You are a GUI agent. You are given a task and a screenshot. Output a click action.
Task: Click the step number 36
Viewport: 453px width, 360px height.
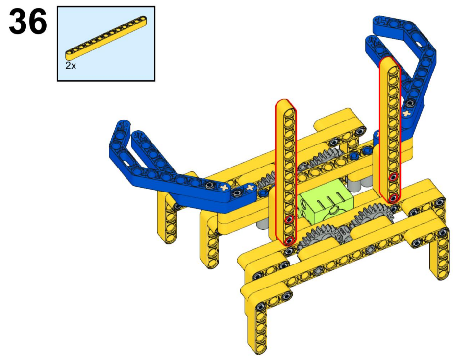(x=28, y=22)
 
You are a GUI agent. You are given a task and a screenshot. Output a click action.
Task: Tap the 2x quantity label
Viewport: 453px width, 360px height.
(x=71, y=66)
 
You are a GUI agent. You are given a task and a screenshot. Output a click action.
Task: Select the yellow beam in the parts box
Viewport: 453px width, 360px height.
(x=106, y=35)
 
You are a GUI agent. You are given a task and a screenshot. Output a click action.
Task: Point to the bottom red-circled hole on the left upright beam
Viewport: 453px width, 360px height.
(x=289, y=240)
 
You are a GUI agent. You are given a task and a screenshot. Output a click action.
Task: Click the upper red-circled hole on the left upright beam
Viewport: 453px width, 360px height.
(x=289, y=220)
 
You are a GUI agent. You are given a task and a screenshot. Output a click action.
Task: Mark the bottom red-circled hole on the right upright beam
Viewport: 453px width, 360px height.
(x=393, y=198)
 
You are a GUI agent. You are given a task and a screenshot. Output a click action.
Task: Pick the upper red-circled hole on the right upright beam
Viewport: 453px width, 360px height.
(x=392, y=177)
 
